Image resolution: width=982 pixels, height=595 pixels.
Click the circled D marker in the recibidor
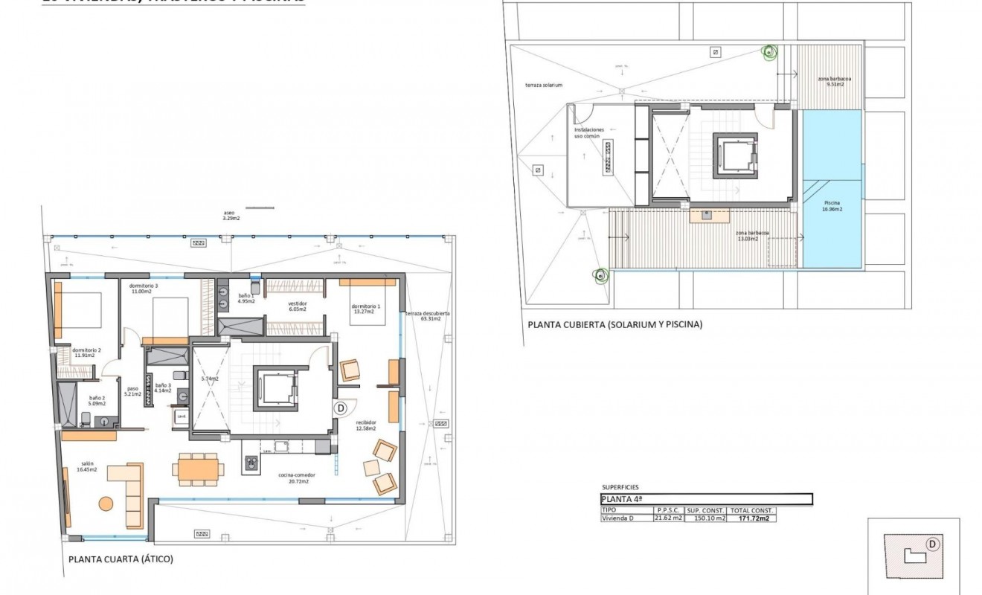341,408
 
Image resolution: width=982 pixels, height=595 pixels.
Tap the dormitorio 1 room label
366,309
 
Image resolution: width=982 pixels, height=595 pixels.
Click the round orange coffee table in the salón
106,504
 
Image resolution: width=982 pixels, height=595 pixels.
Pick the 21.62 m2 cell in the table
667,519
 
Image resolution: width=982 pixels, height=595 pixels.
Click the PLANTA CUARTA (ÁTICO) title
121,559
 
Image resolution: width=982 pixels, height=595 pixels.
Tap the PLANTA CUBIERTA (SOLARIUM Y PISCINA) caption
614,325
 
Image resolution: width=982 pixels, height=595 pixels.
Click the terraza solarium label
543,86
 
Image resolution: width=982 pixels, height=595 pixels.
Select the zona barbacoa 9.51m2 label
835,81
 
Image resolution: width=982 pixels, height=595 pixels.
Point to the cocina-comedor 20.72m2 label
293,478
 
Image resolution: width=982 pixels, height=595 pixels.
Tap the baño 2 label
97,402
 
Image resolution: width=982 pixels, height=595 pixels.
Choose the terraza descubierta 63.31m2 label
427,316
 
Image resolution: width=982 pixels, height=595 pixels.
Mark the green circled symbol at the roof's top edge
768,52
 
